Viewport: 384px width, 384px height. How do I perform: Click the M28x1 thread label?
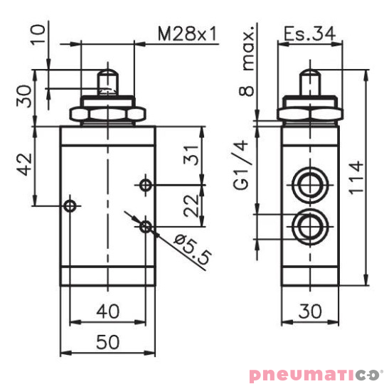[186, 33]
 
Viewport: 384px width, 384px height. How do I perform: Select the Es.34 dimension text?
[308, 33]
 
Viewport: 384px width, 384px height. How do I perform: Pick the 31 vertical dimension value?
[188, 155]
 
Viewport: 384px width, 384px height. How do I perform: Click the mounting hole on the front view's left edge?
[69, 206]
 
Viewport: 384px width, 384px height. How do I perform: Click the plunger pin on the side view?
[309, 80]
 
